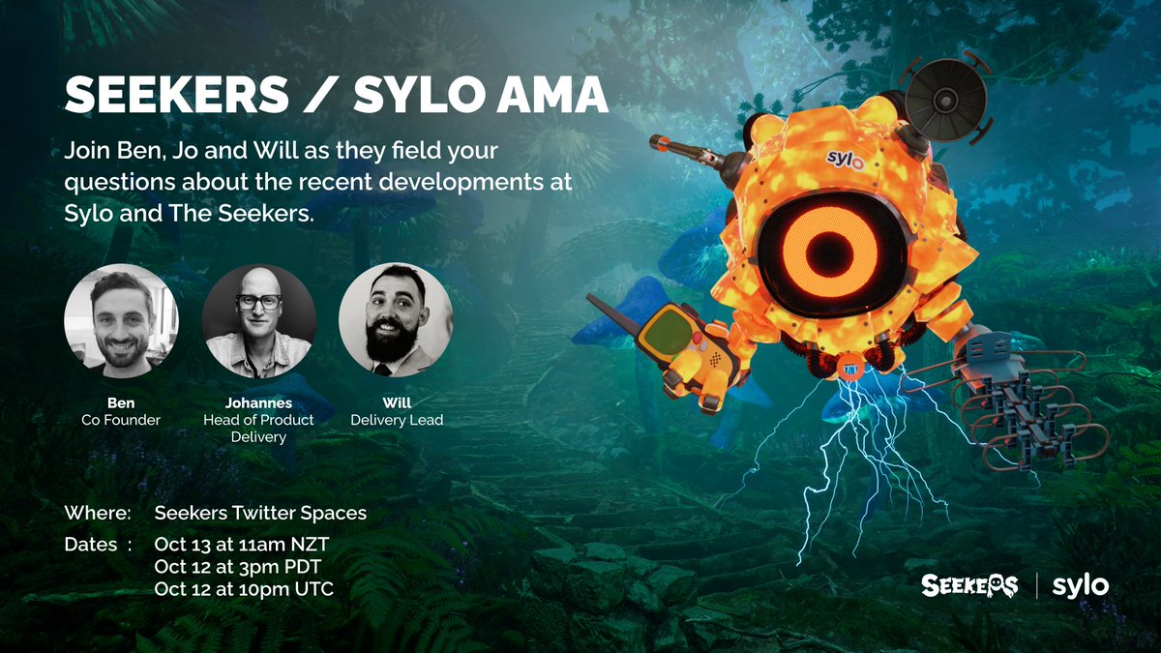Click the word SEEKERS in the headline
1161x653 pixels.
[x=176, y=96]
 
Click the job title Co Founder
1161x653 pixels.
[x=121, y=419]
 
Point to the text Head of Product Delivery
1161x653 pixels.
[x=258, y=428]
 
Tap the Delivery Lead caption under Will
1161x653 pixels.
[x=397, y=419]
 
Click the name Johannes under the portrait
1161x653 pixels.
[x=258, y=401]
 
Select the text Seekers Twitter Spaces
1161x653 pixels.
[x=260, y=513]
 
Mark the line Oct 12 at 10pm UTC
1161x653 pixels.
[x=244, y=588]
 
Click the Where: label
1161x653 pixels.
[x=97, y=513]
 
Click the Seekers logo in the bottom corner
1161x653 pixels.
[x=969, y=585]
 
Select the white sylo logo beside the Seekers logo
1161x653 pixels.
[x=1080, y=585]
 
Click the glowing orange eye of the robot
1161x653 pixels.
[x=831, y=248]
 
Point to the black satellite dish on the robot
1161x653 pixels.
[x=946, y=96]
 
